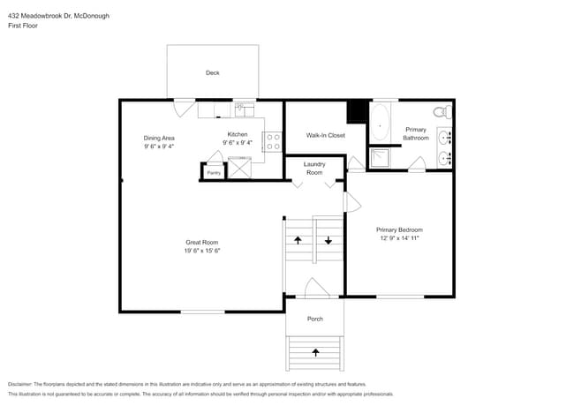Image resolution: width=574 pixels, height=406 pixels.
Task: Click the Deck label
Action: coord(212,73)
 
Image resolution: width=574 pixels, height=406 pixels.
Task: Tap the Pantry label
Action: coord(214,173)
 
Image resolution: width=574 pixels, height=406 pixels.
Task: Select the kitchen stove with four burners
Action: coord(273,141)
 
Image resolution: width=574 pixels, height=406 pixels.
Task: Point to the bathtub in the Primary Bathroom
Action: coord(381,124)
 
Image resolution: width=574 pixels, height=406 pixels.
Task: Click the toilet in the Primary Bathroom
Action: coord(442,112)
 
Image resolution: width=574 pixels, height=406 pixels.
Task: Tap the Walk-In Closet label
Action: coord(325,136)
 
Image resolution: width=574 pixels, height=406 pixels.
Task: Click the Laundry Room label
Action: coord(314,168)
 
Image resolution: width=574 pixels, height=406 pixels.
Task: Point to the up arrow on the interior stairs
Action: coord(298,239)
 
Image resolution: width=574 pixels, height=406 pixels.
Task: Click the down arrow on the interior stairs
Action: coord(329,239)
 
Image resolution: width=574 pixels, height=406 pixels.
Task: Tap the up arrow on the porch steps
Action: coord(315,351)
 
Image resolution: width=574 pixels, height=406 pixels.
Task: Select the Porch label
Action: coord(314,319)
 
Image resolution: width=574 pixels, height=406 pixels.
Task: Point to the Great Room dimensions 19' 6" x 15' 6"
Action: coord(202,252)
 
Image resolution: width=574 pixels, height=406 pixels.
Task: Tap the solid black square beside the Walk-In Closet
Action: coord(357,111)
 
